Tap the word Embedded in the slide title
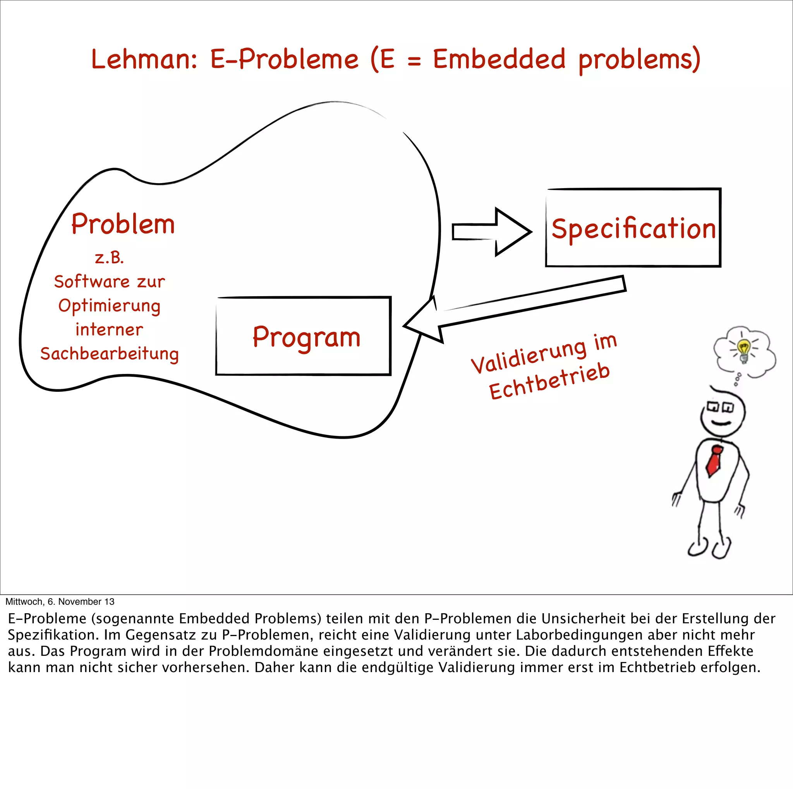tap(499, 59)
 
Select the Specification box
tap(633, 228)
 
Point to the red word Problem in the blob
tap(123, 224)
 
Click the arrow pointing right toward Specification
tap(492, 232)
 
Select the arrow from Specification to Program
tap(513, 308)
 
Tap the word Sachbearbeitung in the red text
tap(110, 354)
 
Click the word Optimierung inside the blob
tap(109, 306)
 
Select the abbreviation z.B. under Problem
tap(109, 258)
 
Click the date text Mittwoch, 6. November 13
tap(60, 602)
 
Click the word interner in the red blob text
tap(109, 329)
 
